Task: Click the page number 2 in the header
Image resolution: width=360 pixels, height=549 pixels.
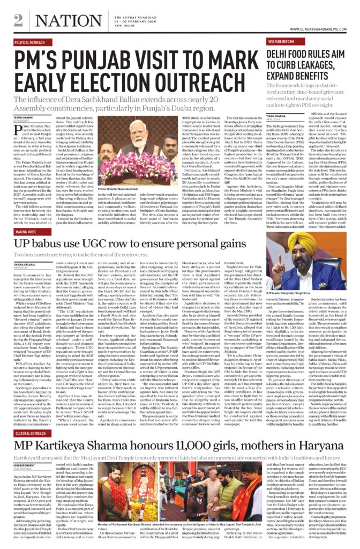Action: point(19,19)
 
